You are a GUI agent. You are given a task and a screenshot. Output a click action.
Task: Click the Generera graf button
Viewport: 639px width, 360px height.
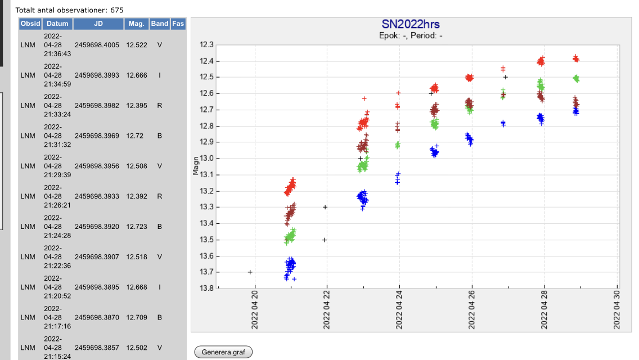(223, 352)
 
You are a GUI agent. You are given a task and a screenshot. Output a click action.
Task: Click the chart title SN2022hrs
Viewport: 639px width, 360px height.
(410, 24)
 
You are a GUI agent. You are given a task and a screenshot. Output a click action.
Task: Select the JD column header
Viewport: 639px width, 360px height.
(98, 24)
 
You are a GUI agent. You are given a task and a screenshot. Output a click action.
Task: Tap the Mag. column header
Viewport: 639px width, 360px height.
(137, 24)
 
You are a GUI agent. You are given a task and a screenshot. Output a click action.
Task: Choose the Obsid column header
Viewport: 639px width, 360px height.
(30, 24)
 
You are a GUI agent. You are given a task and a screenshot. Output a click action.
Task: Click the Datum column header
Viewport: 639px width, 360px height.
(57, 24)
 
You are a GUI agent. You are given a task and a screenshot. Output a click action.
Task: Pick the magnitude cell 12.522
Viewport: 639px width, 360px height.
(137, 45)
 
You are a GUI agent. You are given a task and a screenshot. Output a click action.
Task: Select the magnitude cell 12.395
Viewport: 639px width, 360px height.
(137, 106)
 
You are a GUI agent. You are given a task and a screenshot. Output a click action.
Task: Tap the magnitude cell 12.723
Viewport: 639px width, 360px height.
(137, 227)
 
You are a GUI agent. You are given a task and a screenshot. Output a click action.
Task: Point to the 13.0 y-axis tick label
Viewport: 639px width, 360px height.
(207, 159)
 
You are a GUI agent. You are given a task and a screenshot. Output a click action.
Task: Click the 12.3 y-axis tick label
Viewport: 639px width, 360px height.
(207, 45)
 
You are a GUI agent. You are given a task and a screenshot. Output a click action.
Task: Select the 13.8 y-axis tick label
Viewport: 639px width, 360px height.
(207, 289)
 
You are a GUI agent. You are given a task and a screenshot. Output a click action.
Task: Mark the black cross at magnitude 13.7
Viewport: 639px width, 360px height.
(250, 272)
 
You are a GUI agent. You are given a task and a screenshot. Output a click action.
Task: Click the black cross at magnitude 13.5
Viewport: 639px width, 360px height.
(325, 240)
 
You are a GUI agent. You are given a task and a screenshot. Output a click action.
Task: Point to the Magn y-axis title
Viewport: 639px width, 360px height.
(196, 166)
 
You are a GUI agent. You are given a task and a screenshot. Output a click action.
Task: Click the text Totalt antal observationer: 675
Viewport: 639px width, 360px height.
(69, 10)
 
